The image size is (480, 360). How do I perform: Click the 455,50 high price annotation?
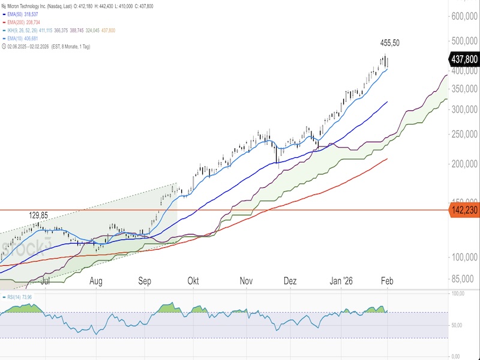click(x=390, y=43)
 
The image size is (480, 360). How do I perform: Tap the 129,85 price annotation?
click(x=39, y=215)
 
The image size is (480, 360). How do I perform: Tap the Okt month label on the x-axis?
click(x=193, y=281)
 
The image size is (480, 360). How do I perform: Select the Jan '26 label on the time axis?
click(x=343, y=281)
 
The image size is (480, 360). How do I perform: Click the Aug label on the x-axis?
click(x=95, y=281)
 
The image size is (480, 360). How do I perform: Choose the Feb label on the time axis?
click(x=388, y=281)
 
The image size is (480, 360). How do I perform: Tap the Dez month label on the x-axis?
click(x=290, y=281)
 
